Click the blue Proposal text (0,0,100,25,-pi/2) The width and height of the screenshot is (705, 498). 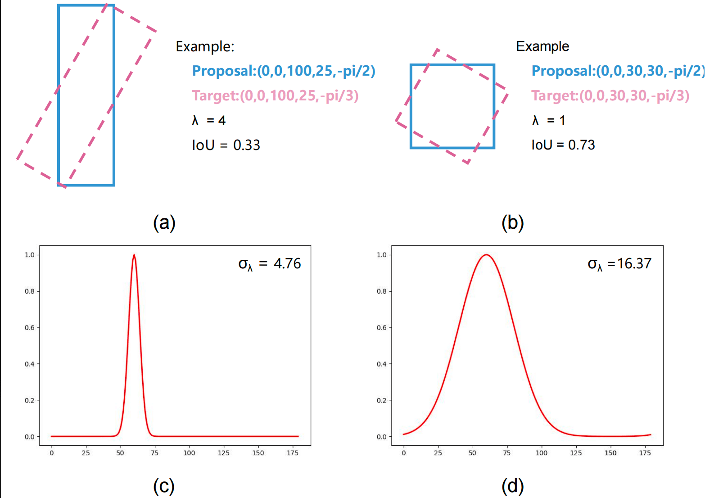tap(283, 71)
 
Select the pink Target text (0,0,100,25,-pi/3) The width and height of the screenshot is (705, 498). tap(275, 95)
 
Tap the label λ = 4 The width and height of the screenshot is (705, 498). tap(208, 120)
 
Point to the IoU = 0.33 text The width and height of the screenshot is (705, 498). tap(226, 145)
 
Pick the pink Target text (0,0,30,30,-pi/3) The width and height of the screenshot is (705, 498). tap(610, 95)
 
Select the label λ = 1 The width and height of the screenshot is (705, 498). tap(548, 120)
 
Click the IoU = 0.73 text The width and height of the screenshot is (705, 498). tap(563, 145)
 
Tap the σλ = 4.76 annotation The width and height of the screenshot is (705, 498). tap(270, 264)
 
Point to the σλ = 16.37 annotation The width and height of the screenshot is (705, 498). tap(619, 264)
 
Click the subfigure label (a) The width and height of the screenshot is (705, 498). tap(164, 222)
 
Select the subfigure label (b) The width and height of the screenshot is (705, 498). tap(513, 222)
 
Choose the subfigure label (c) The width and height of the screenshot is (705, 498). tap(164, 486)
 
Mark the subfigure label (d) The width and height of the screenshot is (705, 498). tap(513, 486)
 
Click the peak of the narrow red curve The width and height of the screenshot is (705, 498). tap(134, 255)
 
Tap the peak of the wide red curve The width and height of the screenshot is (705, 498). tap(486, 255)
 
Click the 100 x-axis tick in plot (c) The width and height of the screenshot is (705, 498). tap(189, 453)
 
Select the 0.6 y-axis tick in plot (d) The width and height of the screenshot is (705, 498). tap(381, 328)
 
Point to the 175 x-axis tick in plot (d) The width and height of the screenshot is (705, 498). tap(645, 453)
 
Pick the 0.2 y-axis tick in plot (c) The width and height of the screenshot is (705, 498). tap(29, 400)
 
